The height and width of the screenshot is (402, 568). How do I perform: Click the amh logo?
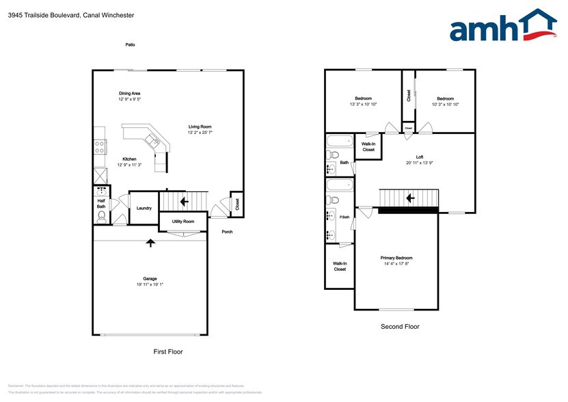[x=502, y=27]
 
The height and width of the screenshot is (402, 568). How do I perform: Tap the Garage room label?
[x=150, y=278]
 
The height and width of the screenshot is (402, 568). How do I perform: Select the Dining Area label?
[x=129, y=94]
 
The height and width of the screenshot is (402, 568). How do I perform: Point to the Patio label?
[x=130, y=44]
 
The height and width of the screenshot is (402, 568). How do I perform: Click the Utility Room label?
[x=183, y=222]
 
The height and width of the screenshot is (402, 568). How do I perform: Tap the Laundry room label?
[x=144, y=209]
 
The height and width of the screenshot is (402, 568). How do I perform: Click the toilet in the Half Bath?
[x=101, y=217]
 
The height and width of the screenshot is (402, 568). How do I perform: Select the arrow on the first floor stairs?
[x=183, y=202]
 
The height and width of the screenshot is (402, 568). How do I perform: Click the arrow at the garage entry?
[x=150, y=242]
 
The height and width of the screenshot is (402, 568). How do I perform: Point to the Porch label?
[x=227, y=232]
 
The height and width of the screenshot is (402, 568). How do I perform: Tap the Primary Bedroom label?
[x=396, y=258]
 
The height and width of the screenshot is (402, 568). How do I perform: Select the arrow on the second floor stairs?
[x=410, y=198]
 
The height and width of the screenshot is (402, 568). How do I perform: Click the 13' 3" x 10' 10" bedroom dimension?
[x=363, y=104]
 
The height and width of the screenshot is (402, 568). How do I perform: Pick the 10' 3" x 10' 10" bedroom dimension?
[x=445, y=104]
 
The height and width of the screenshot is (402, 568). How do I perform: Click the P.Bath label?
[x=344, y=217]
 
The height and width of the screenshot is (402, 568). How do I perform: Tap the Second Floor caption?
[x=400, y=327]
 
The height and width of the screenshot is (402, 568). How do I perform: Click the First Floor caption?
[x=167, y=351]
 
